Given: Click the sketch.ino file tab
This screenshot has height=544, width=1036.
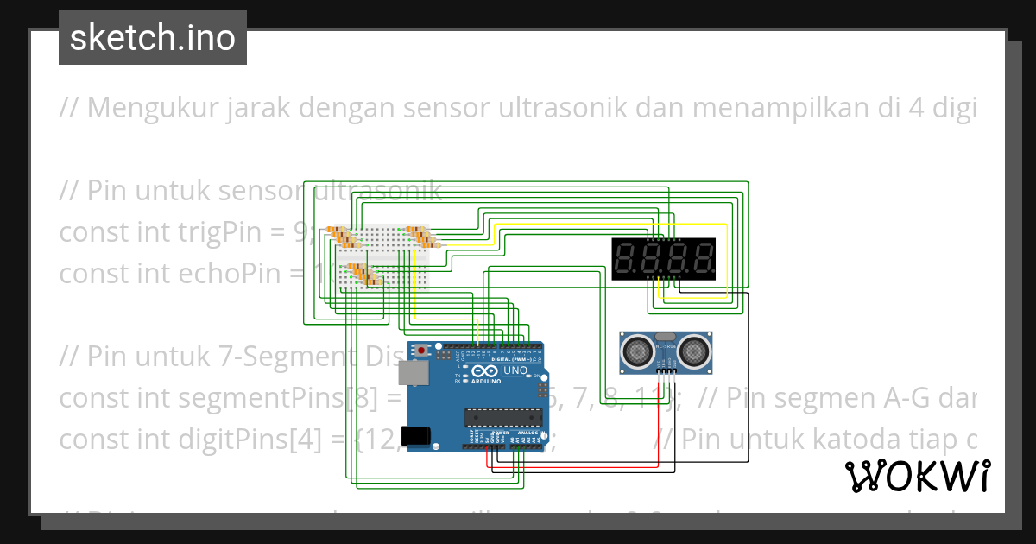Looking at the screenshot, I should tap(153, 38).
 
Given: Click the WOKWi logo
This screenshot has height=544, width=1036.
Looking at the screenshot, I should tap(917, 476).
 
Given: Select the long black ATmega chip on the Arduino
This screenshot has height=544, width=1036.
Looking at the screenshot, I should tap(501, 418).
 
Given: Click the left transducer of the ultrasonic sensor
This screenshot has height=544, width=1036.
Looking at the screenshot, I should tap(637, 350).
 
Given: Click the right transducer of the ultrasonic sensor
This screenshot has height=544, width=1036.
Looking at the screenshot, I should tap(693, 350).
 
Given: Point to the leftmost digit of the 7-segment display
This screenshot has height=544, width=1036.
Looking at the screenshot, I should tap(625, 258).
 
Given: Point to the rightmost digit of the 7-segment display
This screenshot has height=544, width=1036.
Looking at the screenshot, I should tap(703, 258).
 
